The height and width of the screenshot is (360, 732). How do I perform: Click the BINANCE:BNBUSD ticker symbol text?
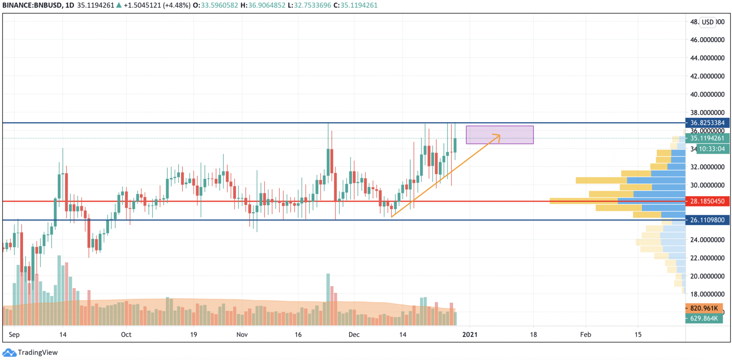coord(32,5)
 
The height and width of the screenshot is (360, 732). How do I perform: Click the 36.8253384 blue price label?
coord(707,123)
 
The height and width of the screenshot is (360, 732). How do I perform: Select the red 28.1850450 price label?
coord(707,201)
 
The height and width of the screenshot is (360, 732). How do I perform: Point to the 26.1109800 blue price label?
coord(707,220)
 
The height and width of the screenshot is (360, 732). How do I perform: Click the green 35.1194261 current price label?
coord(707,138)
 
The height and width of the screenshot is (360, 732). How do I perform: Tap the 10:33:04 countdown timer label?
coord(712,149)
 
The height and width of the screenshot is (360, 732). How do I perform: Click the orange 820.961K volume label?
coord(703,308)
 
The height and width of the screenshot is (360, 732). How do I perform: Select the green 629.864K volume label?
coord(703,319)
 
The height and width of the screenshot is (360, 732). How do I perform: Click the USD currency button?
coord(707,22)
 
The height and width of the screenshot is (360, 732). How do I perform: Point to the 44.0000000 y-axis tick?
coord(707,58)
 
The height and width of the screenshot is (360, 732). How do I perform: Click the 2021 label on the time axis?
coord(470,335)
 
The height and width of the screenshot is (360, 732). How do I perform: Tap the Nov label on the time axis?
coord(242,335)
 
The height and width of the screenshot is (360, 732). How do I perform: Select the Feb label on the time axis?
coord(586,335)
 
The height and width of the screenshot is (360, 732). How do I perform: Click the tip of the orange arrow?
coord(500,135)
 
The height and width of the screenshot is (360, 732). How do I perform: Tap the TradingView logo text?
coord(37,353)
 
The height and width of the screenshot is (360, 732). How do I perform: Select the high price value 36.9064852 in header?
coord(267,5)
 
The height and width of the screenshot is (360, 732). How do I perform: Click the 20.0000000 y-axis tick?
coord(707,276)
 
